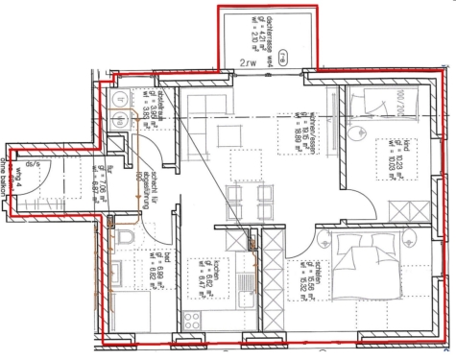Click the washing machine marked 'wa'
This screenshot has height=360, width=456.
click(123, 99)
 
